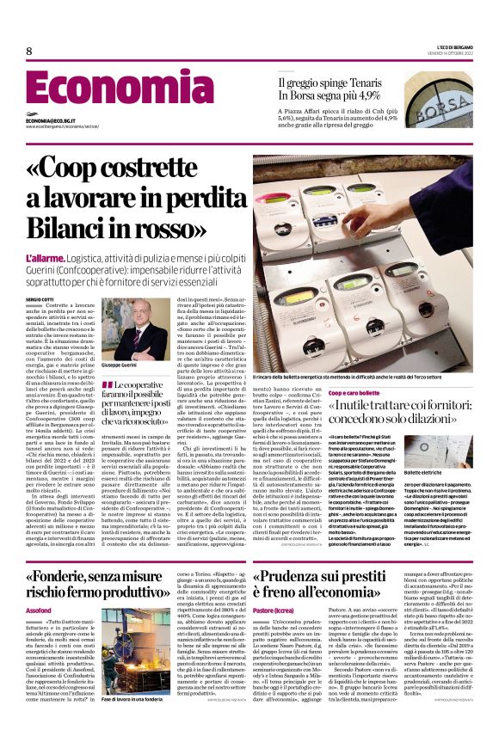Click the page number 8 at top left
pos(28,52)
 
